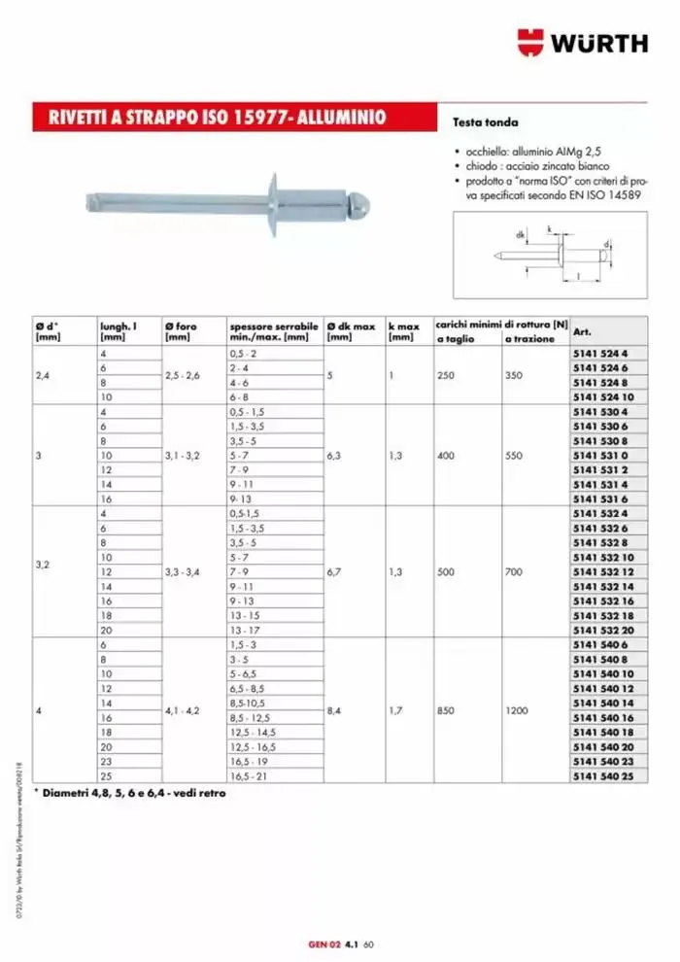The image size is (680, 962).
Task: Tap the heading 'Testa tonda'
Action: pos(486,123)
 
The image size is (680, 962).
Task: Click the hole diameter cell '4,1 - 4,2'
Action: pos(183,710)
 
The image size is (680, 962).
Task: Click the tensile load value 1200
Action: pos(517,710)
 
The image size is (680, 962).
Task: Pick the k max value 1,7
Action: pos(397,710)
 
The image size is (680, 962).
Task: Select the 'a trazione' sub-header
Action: pos(529,338)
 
